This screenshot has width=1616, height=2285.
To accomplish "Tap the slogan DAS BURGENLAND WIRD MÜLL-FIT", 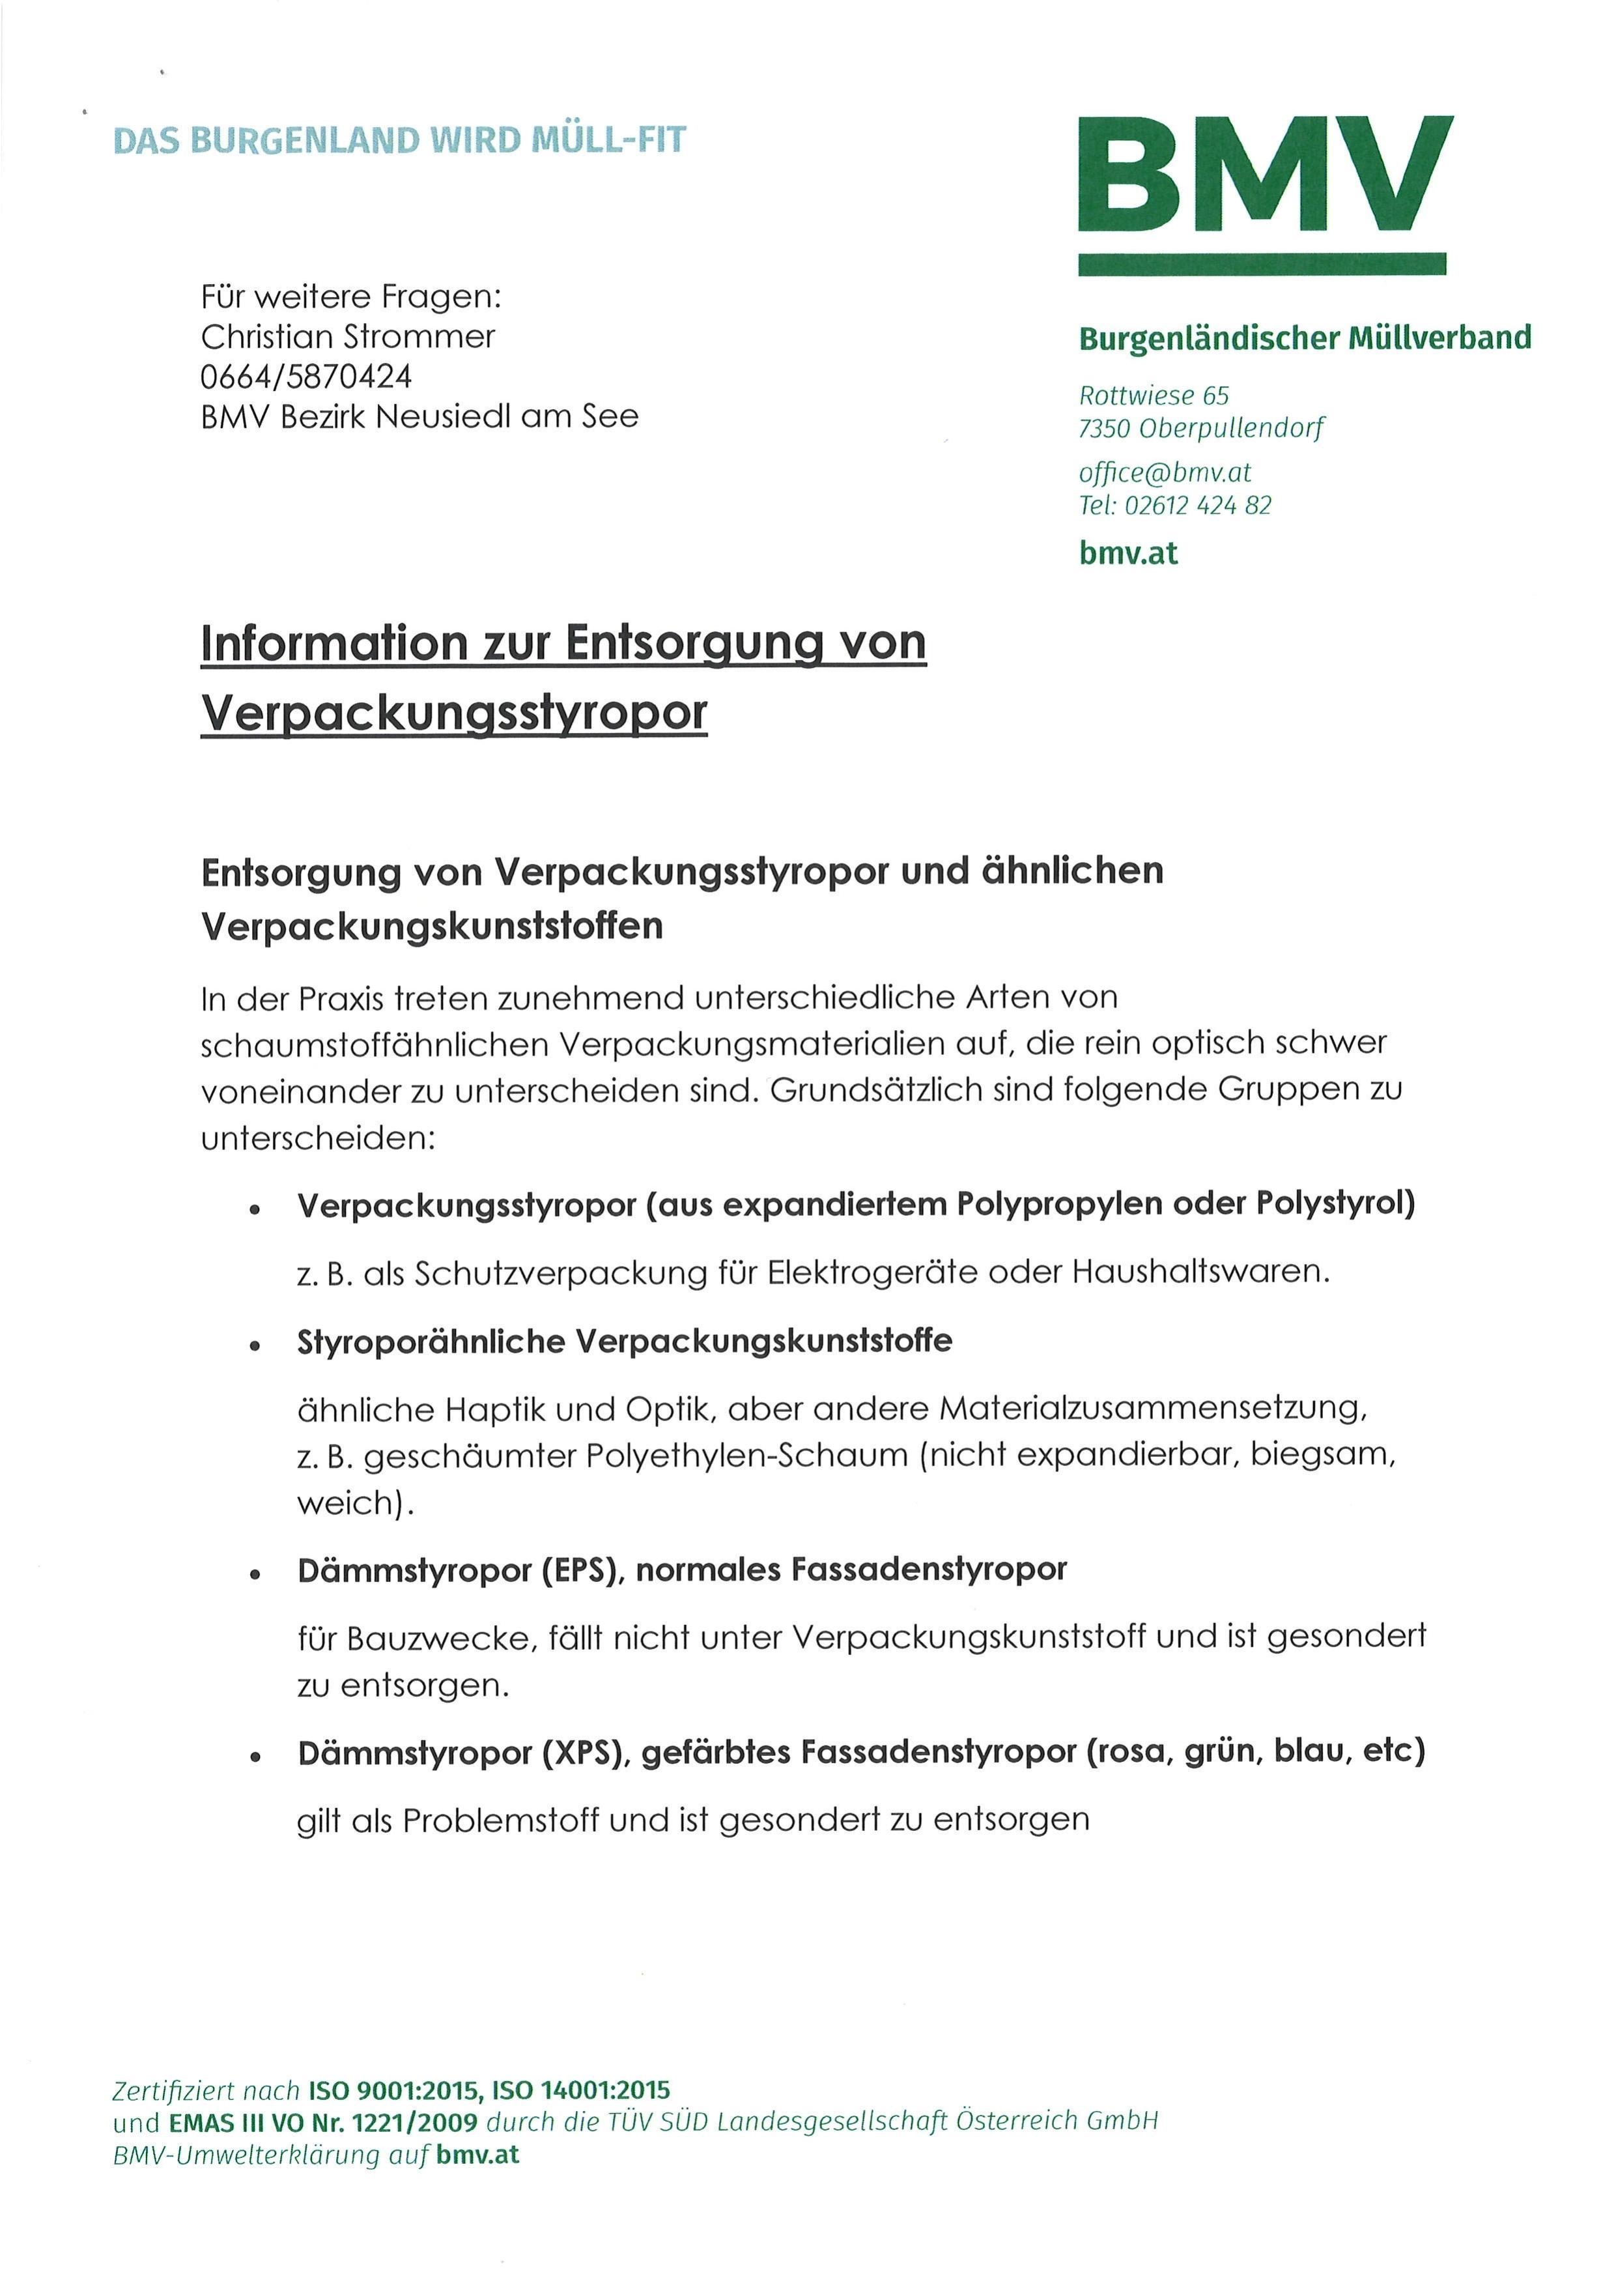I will point(399,140).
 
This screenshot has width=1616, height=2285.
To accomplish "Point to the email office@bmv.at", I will point(1164,473).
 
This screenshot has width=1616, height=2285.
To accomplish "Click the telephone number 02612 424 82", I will point(1197,506).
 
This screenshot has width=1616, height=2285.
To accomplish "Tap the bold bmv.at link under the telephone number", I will point(1127,553).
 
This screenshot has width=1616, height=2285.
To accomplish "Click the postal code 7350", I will point(1105,429).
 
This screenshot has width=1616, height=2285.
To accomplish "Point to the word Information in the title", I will point(333,643).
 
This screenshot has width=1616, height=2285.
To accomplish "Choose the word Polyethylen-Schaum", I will point(746,1456).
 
